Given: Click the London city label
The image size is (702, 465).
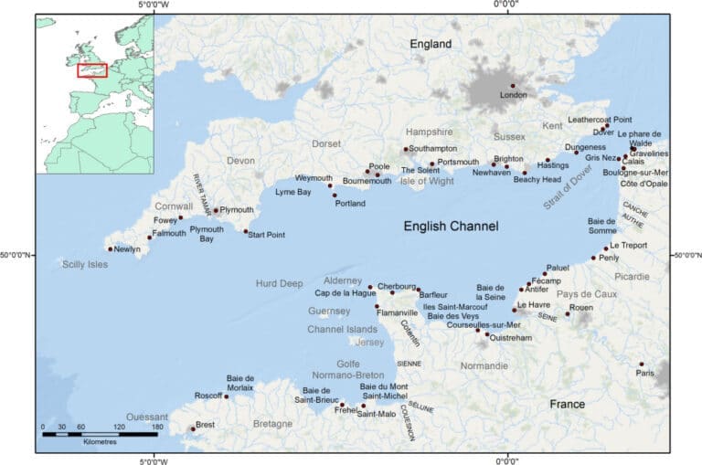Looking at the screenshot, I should (x=513, y=95).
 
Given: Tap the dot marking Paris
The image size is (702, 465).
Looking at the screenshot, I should (x=641, y=365).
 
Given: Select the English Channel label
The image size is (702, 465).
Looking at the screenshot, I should (x=452, y=226).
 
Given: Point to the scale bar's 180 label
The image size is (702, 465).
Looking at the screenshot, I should (x=157, y=428).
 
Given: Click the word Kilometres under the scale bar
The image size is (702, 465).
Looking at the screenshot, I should (x=100, y=442).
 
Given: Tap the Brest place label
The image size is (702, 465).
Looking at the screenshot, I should (x=206, y=425).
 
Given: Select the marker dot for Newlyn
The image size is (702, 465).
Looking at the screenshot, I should (x=111, y=248).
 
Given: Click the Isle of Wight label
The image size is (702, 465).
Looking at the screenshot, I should (x=427, y=181).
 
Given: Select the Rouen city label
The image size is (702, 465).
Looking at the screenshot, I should (x=581, y=308).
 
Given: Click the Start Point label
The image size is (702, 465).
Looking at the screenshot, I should (x=267, y=235).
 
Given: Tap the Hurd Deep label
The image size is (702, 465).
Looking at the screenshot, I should (x=279, y=284).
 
